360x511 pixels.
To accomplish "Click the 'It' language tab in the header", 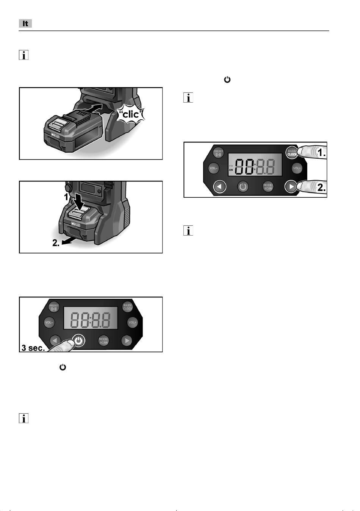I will pyautogui.click(x=25, y=23).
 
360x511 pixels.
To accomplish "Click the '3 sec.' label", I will pyautogui.click(x=33, y=348).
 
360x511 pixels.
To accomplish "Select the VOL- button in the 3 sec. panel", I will pyautogui.click(x=50, y=322).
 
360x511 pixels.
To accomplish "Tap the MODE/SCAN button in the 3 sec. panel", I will pyautogui.click(x=103, y=341).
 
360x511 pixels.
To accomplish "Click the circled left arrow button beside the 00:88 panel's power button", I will pyautogui.click(x=220, y=187).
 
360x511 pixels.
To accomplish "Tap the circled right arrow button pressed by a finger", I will pyautogui.click(x=291, y=187).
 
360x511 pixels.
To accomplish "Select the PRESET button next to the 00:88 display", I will pyautogui.click(x=219, y=153).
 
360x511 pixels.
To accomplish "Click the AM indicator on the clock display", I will pyautogui.click(x=231, y=170).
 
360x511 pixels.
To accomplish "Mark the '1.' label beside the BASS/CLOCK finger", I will pyautogui.click(x=321, y=153).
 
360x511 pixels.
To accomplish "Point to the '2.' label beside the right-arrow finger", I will pyautogui.click(x=321, y=187).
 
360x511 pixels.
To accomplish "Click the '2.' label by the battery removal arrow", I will pyautogui.click(x=56, y=244).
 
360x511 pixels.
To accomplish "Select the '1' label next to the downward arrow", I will pyautogui.click(x=66, y=197).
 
